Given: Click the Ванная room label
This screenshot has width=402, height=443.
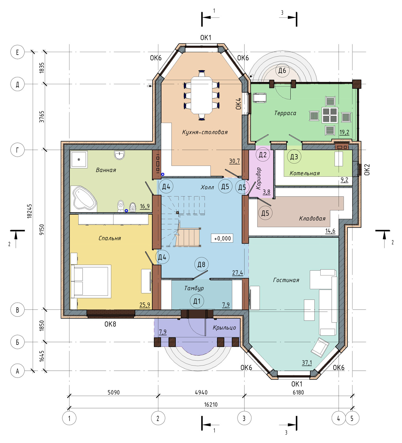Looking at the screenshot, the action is point(106,170).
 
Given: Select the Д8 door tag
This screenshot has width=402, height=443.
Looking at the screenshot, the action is point(201,264).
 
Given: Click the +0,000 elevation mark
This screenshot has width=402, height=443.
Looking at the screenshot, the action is point(222,238).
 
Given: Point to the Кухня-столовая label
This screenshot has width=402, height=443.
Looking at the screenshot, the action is point(205,132).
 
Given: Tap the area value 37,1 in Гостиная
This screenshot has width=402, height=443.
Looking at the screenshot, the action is point(307,363).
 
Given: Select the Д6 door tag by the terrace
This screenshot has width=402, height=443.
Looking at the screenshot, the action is point(282,70).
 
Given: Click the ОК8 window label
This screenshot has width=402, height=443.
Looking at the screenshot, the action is point(110,324).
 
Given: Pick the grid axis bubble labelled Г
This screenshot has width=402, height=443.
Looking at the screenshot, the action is point(17,150).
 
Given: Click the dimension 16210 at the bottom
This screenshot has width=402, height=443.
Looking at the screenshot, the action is point(211,405).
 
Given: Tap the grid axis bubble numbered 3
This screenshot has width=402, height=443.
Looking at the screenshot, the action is point(244,418).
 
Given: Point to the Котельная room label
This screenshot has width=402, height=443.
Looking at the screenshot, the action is point(305,173).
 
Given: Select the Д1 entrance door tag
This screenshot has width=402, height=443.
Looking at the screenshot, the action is point(197,301).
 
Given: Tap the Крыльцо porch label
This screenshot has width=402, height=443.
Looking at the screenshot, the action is point(224,328).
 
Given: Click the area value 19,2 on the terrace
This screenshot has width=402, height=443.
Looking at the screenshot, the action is point(344,132).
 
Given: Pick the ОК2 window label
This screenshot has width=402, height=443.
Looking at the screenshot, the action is point(367,170).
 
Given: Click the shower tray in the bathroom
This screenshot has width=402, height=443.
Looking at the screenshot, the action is point(79,159).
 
